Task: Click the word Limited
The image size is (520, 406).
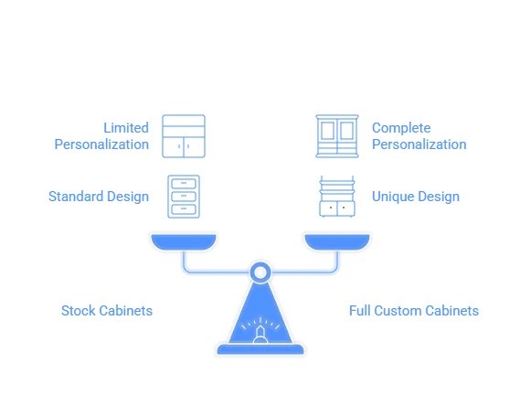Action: pyautogui.click(x=126, y=128)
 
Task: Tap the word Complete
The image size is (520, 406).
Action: pyautogui.click(x=401, y=128)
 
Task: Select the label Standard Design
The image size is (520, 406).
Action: pyautogui.click(x=99, y=197)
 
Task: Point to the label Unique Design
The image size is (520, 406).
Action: pyautogui.click(x=416, y=197)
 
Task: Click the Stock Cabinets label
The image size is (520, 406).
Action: pyautogui.click(x=107, y=311)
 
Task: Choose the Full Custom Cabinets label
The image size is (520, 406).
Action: pyautogui.click(x=414, y=311)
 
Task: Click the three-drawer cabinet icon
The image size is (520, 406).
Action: pyautogui.click(x=184, y=197)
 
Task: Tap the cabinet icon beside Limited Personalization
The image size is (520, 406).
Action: pyautogui.click(x=184, y=136)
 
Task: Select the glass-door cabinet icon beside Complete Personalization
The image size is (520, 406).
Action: pyautogui.click(x=337, y=136)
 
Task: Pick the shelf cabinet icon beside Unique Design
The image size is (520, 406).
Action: pyautogui.click(x=337, y=197)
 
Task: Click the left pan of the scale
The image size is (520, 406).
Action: pyautogui.click(x=184, y=241)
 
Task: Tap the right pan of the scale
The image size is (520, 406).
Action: pyautogui.click(x=337, y=241)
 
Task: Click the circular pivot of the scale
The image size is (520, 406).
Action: pyautogui.click(x=260, y=266)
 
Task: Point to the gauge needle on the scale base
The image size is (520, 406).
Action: pyautogui.click(x=260, y=332)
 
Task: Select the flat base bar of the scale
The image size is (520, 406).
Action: pyautogui.click(x=260, y=349)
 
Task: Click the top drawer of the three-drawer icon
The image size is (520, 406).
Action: pyautogui.click(x=184, y=184)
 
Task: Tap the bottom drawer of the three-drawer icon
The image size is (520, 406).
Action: pyautogui.click(x=184, y=209)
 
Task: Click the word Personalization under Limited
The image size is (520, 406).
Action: pyautogui.click(x=101, y=144)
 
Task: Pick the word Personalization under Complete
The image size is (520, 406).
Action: pyautogui.click(x=419, y=144)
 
